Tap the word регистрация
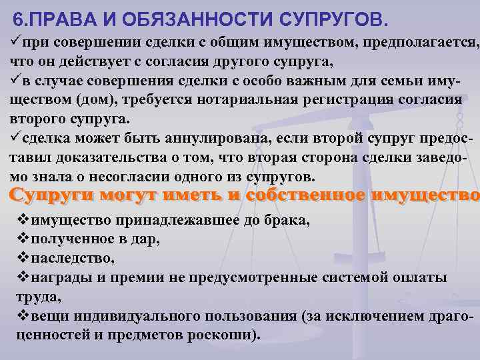(x=359, y=100)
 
